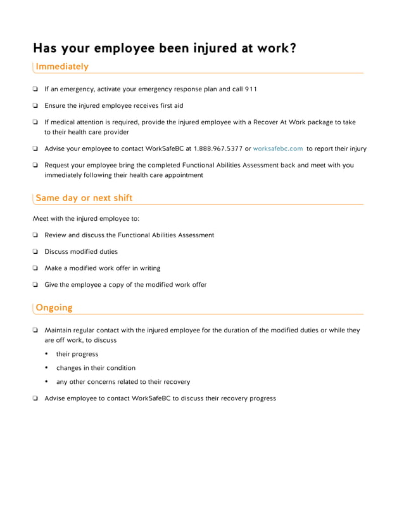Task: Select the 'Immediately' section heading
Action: pos(62,67)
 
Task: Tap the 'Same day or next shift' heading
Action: pos(84,198)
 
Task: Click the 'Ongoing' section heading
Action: pos(54,308)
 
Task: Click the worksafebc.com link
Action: pos(278,148)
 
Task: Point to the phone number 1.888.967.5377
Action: pos(218,148)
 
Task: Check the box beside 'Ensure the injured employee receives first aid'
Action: pos(35,106)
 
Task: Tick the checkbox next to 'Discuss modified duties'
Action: pos(35,252)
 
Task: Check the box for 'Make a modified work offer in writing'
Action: pos(35,268)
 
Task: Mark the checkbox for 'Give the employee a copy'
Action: pos(35,285)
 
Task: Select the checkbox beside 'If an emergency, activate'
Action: pos(35,89)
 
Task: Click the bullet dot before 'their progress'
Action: pos(47,354)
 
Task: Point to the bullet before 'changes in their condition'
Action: pos(47,368)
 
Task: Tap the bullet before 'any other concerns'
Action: pos(47,382)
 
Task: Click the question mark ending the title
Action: pos(292,48)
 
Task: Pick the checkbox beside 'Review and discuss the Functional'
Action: pos(35,235)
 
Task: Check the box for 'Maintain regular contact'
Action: pos(35,331)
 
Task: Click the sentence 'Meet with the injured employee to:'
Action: pos(85,219)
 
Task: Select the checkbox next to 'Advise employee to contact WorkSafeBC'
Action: pos(35,399)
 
